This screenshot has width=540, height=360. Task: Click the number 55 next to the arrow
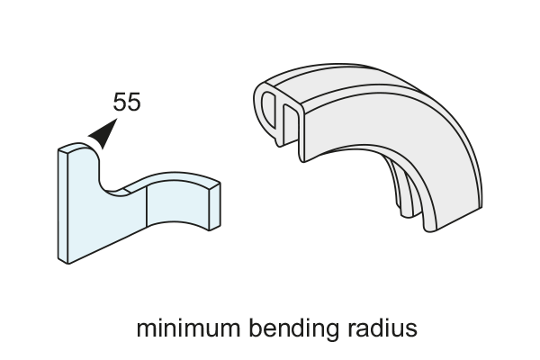127,102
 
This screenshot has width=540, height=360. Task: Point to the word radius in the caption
382,328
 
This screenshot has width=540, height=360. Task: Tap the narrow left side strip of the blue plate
63,205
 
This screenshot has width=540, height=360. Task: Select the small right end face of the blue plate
214,207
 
